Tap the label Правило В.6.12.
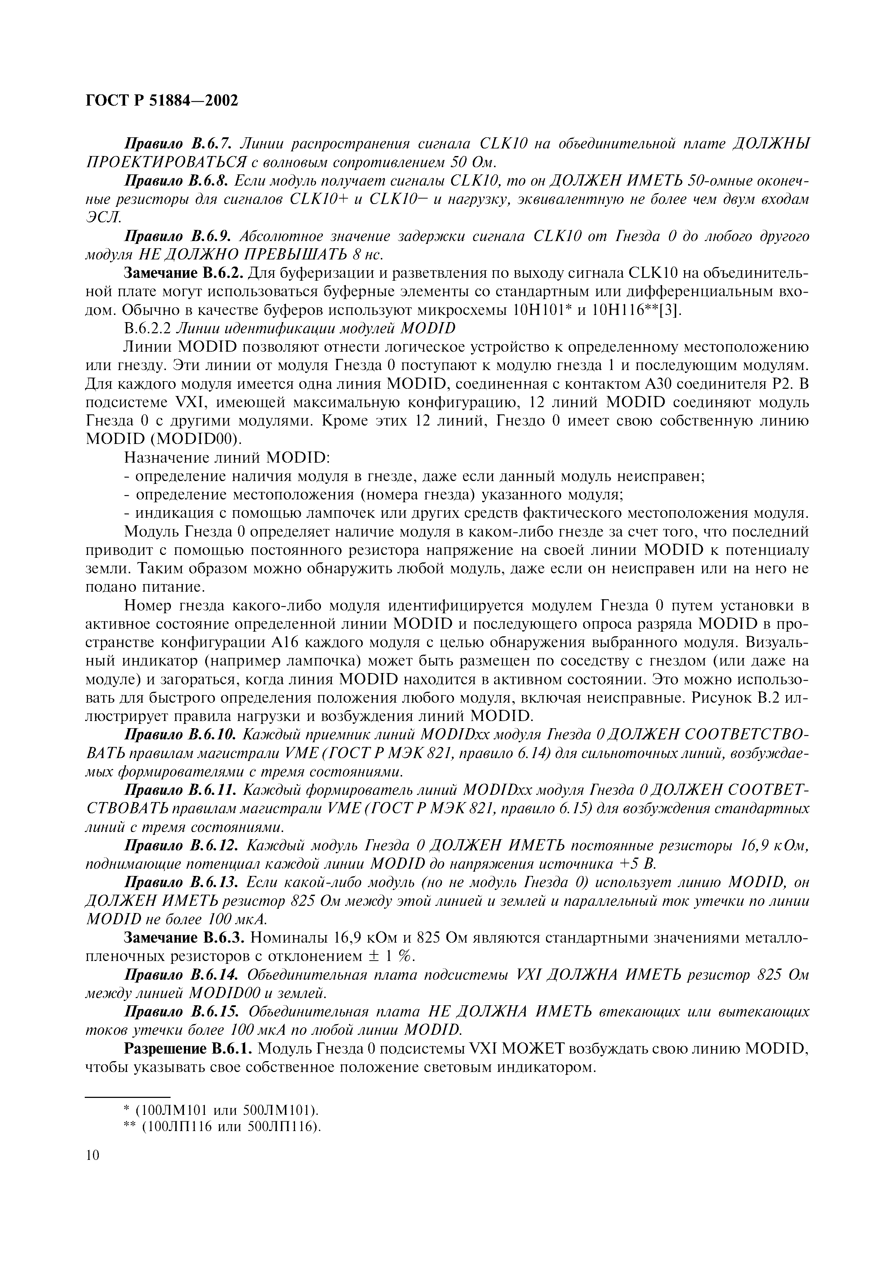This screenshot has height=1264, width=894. tap(182, 846)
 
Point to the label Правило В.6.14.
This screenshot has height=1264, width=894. tap(182, 975)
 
